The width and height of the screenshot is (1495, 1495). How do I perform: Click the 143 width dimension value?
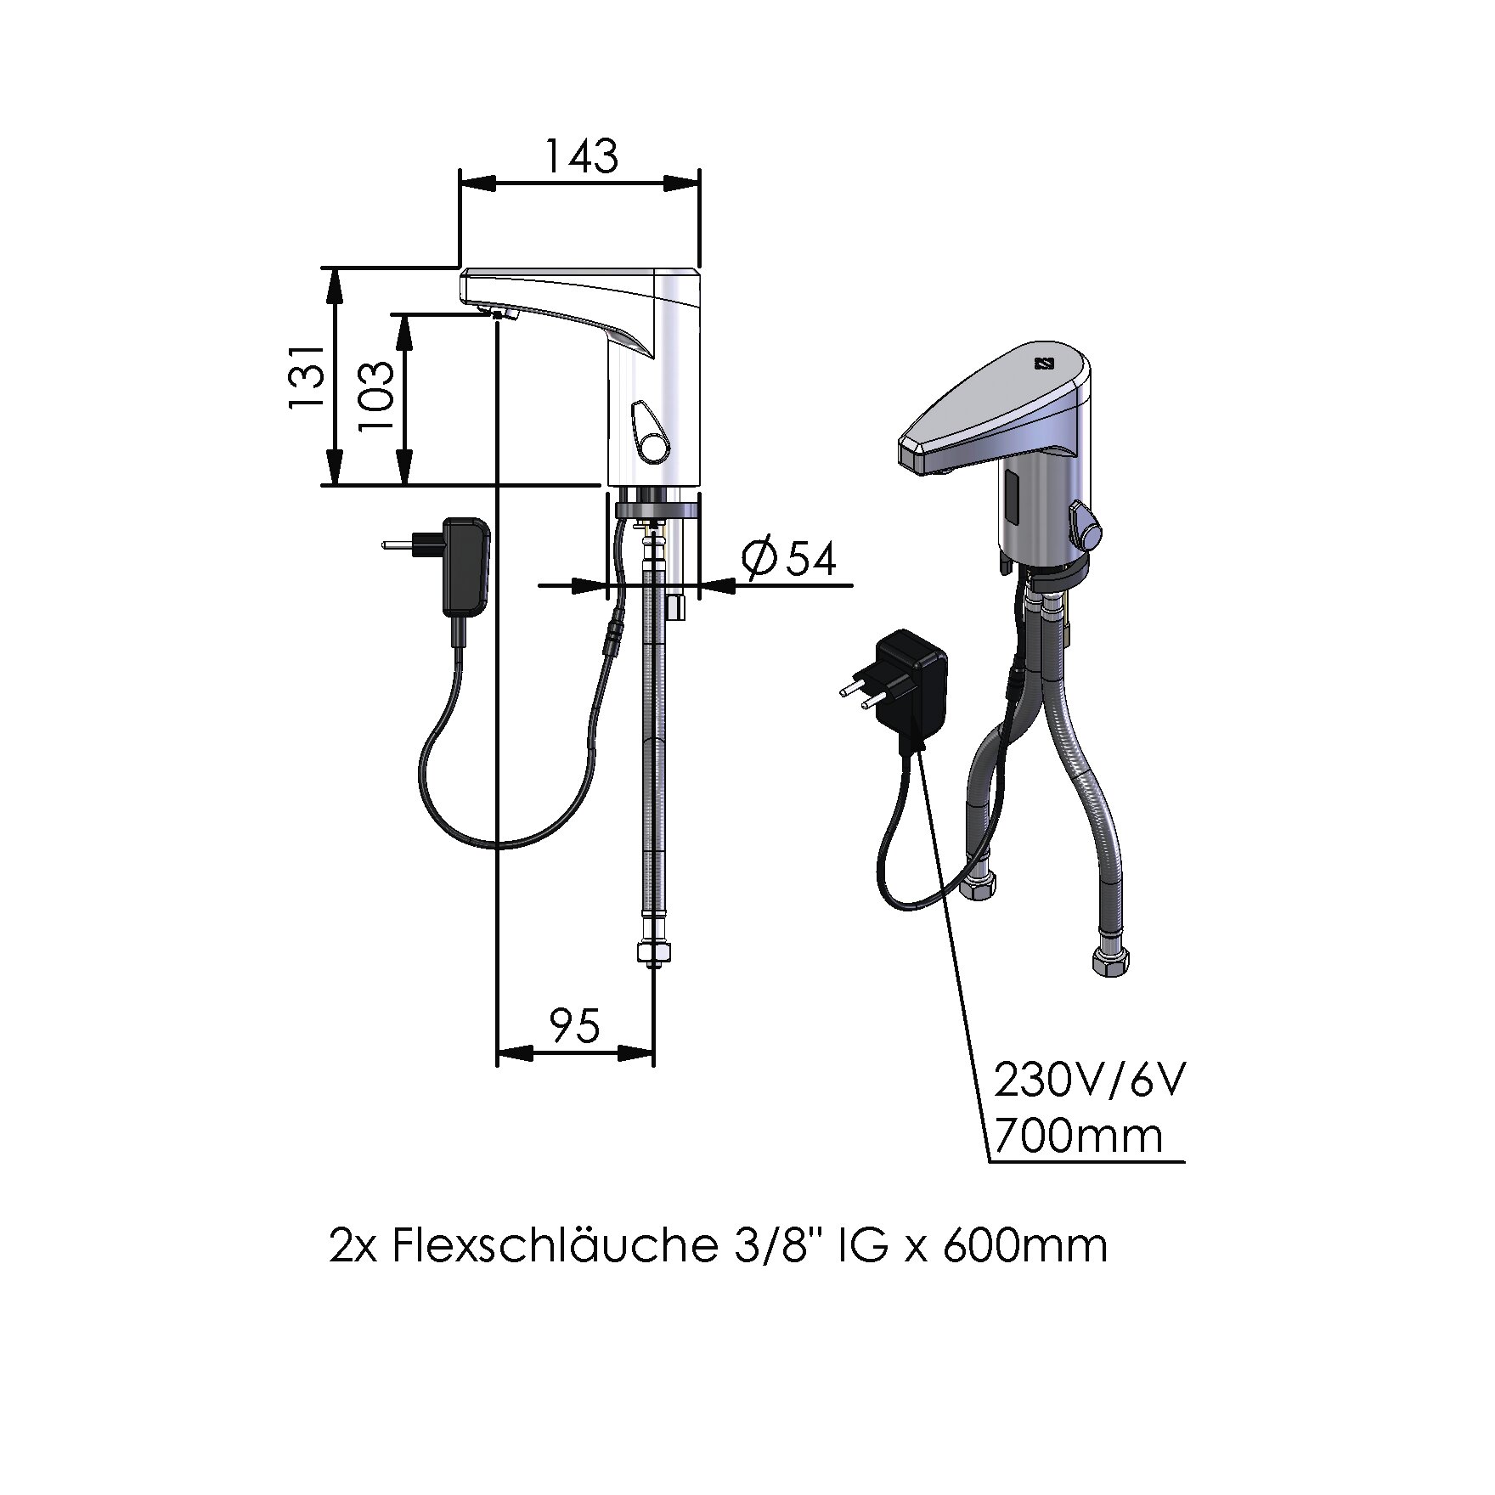click(x=580, y=155)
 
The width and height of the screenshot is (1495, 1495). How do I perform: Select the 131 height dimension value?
click(x=306, y=377)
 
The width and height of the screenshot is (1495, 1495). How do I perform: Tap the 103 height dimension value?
click(x=376, y=396)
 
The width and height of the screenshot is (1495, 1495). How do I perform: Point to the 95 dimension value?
click(x=575, y=1026)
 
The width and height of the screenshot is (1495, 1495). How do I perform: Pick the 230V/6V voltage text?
click(x=1090, y=1081)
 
